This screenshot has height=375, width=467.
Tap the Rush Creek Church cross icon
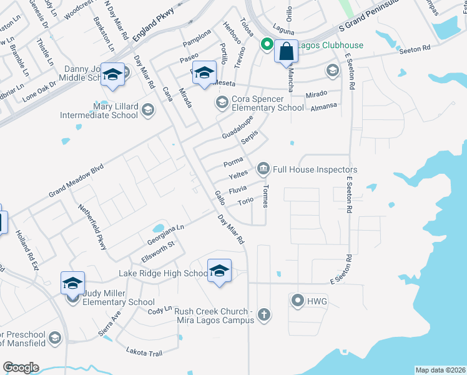coord(264,314)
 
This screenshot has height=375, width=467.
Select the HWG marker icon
coord(297,301)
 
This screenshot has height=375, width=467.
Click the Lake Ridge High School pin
coord(219,271)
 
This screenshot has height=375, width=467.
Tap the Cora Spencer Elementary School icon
coord(221,102)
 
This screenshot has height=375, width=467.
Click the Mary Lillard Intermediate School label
coord(99,111)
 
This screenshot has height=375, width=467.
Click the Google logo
coord(21,367)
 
